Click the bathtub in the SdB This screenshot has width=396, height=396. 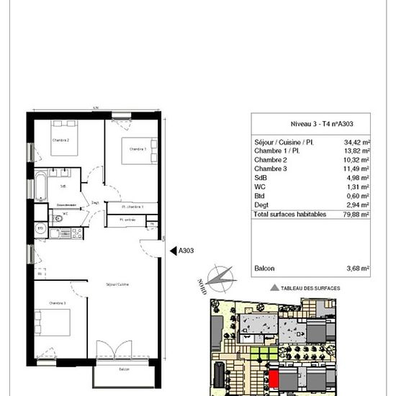[x=41, y=186]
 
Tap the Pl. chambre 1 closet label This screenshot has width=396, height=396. [x=132, y=207]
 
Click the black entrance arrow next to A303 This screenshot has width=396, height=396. [x=172, y=251]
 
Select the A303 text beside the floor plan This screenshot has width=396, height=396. [x=186, y=251]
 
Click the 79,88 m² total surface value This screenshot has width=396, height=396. [x=356, y=214]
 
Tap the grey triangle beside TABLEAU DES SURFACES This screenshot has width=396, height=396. [x=274, y=287]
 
